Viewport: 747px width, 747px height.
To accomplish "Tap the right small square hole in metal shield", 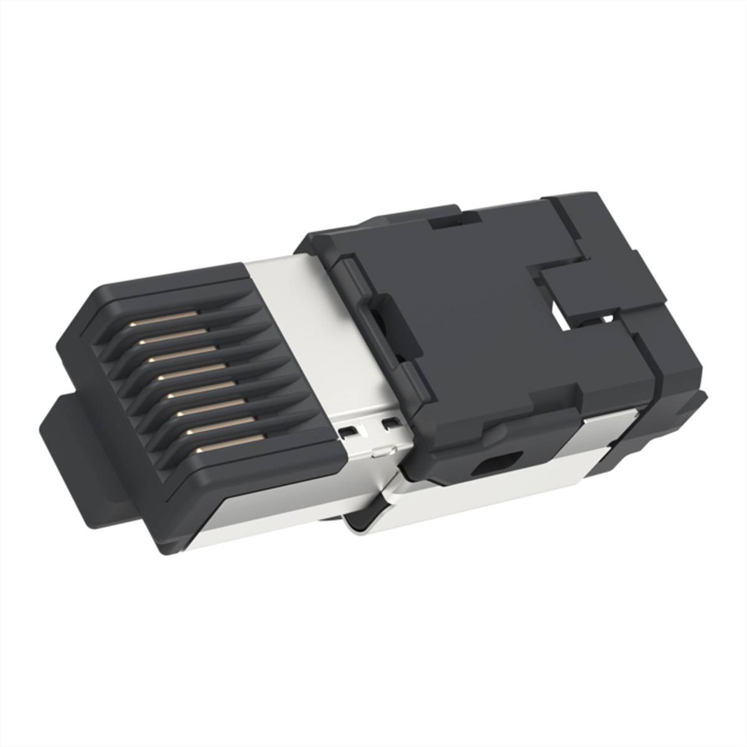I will [391, 424].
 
